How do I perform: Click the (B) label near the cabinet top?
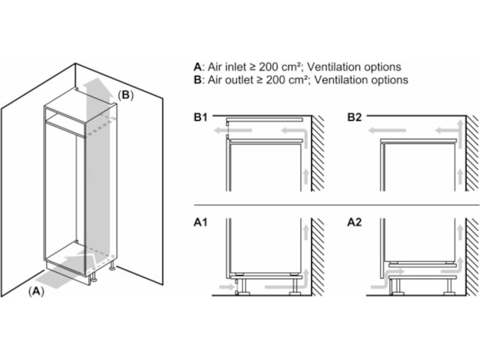click(125, 95)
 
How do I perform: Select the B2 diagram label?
click(355, 117)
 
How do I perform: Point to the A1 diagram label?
click(200, 223)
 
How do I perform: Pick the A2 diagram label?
click(355, 223)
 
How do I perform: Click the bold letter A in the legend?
click(196, 66)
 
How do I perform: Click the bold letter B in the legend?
click(196, 79)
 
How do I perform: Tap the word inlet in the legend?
click(233, 66)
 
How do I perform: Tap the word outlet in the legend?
click(235, 79)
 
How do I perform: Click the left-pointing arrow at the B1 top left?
click(219, 130)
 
